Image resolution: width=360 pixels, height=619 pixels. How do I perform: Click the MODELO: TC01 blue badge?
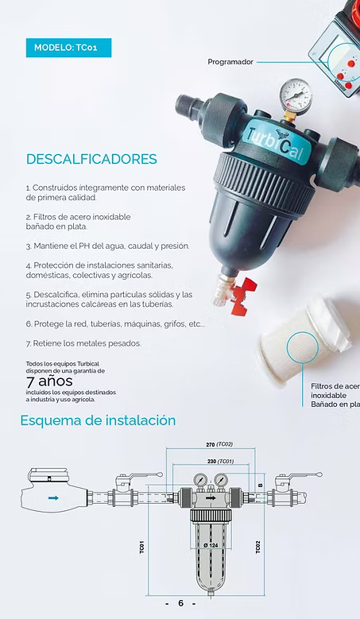point(68,48)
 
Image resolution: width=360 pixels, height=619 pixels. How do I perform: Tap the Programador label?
point(230,61)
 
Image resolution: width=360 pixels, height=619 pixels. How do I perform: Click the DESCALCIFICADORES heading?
point(91,159)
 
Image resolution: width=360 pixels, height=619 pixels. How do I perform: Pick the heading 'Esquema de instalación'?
point(98,420)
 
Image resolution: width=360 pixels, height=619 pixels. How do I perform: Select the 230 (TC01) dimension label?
point(220,461)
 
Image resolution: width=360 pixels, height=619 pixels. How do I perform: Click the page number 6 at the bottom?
point(180,603)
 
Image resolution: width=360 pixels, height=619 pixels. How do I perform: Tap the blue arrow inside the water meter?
point(53,498)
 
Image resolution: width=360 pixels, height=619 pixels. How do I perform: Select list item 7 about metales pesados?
point(83,343)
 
